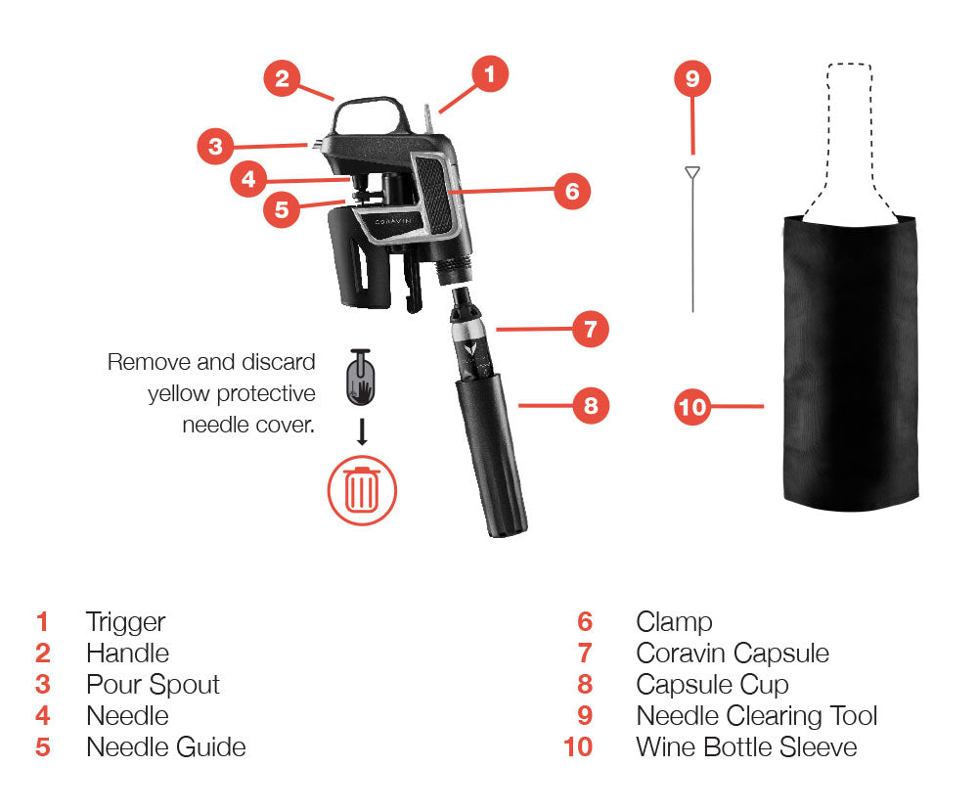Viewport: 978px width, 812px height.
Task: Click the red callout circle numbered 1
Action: (490, 73)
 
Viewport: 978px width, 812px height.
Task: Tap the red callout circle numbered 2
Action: (282, 78)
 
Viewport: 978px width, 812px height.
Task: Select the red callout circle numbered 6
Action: (572, 191)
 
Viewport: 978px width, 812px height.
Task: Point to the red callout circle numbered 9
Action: (692, 78)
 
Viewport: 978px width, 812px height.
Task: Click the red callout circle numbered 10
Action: (692, 407)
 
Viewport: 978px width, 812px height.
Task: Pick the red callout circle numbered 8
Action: (591, 406)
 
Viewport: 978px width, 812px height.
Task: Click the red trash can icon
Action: (362, 490)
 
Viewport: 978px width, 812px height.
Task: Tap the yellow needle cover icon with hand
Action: (361, 378)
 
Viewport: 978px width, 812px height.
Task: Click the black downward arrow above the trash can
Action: (362, 431)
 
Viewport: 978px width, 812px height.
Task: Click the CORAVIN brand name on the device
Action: (393, 221)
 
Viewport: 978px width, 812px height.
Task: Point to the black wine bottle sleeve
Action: (850, 362)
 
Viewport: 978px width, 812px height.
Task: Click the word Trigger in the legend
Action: (125, 622)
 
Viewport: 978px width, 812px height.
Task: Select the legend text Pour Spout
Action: (153, 685)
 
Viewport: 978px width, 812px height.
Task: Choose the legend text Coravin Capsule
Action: (733, 654)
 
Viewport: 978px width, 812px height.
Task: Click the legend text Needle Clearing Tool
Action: (757, 716)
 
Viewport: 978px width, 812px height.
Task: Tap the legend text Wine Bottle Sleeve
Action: (746, 747)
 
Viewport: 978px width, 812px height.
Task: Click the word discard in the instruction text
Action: (278, 362)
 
